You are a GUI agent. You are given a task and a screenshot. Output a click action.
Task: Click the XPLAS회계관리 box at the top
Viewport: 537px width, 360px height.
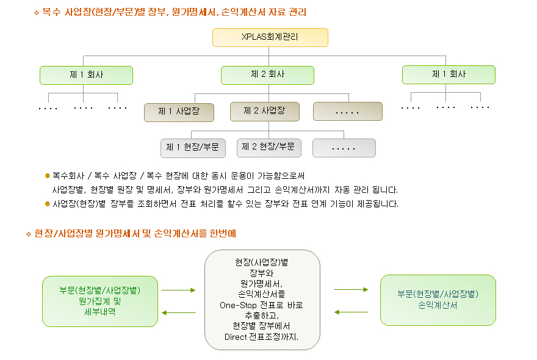270,37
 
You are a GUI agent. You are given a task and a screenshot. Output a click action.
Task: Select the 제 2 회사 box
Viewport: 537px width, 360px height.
267,75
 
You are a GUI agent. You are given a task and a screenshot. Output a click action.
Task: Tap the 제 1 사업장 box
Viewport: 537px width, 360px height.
179,112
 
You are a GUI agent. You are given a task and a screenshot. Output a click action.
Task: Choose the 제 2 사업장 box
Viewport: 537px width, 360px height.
265,111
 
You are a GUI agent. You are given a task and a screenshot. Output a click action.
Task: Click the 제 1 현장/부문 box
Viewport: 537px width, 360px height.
193,148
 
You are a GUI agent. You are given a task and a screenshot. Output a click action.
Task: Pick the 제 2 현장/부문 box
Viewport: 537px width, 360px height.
269,148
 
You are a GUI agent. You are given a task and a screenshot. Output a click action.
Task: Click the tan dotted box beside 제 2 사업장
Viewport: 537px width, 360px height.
348,111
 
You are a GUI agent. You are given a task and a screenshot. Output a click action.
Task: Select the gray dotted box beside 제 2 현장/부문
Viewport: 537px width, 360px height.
344,148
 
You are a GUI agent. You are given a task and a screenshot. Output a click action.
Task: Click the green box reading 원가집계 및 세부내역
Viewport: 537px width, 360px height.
100,301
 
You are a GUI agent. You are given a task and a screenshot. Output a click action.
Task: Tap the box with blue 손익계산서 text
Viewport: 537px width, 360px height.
438,300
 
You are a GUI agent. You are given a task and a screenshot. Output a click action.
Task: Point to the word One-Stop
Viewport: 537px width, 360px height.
238,305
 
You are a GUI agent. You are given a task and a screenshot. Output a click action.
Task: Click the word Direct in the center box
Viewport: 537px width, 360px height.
236,337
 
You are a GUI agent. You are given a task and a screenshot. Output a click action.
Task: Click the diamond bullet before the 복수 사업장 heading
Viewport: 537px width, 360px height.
36,13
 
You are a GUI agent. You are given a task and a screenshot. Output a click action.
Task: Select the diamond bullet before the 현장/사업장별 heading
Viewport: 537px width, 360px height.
29,234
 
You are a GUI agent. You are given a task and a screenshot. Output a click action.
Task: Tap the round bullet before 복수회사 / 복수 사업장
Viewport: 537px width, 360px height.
48,176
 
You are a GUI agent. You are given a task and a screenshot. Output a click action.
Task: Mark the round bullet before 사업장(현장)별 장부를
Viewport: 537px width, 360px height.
48,204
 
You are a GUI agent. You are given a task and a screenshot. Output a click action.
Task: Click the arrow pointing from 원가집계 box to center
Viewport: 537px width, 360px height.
178,290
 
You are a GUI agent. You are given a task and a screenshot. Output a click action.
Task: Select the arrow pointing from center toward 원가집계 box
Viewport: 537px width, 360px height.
178,313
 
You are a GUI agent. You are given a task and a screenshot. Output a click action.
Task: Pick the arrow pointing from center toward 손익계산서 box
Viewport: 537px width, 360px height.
351,289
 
